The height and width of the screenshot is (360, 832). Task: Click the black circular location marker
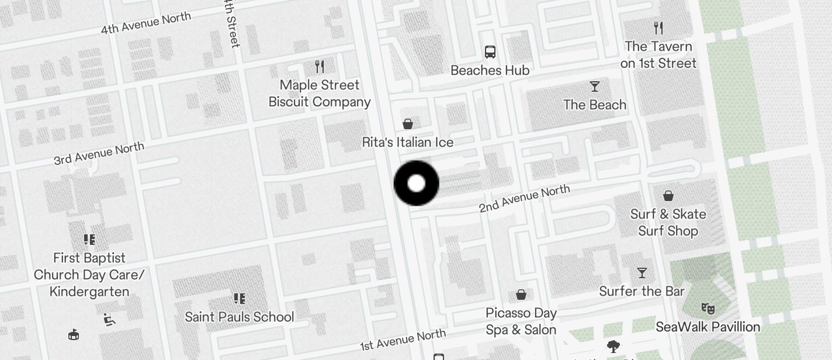point(416,183)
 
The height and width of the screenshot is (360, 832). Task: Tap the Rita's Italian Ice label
point(407,142)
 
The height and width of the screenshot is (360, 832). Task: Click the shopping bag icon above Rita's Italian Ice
point(408,124)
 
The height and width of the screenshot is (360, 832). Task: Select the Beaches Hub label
point(490,70)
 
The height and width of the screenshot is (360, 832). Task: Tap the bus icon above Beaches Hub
point(490,52)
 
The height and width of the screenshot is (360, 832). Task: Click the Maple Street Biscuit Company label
point(320,94)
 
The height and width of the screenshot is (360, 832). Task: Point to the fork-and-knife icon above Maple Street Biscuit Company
point(319,66)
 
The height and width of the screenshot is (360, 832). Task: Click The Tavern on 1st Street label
point(658,55)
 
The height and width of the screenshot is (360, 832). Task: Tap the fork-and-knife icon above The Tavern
point(658,27)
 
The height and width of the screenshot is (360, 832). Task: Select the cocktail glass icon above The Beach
point(595,86)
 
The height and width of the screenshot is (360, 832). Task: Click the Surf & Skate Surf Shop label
point(668,223)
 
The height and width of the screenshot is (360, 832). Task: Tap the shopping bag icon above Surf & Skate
point(668,196)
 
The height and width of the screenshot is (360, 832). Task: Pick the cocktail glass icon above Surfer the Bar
point(642,273)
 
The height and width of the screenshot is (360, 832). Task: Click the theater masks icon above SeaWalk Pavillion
point(708,308)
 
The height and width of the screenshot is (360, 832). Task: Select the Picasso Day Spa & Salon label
point(521,321)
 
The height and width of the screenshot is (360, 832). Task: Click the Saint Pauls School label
point(240,317)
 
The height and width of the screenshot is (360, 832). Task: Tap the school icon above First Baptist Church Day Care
point(89,240)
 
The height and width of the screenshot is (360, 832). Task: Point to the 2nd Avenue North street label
point(524,199)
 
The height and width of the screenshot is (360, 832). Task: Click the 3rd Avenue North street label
point(99,153)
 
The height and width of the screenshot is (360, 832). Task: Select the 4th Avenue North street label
point(145,23)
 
